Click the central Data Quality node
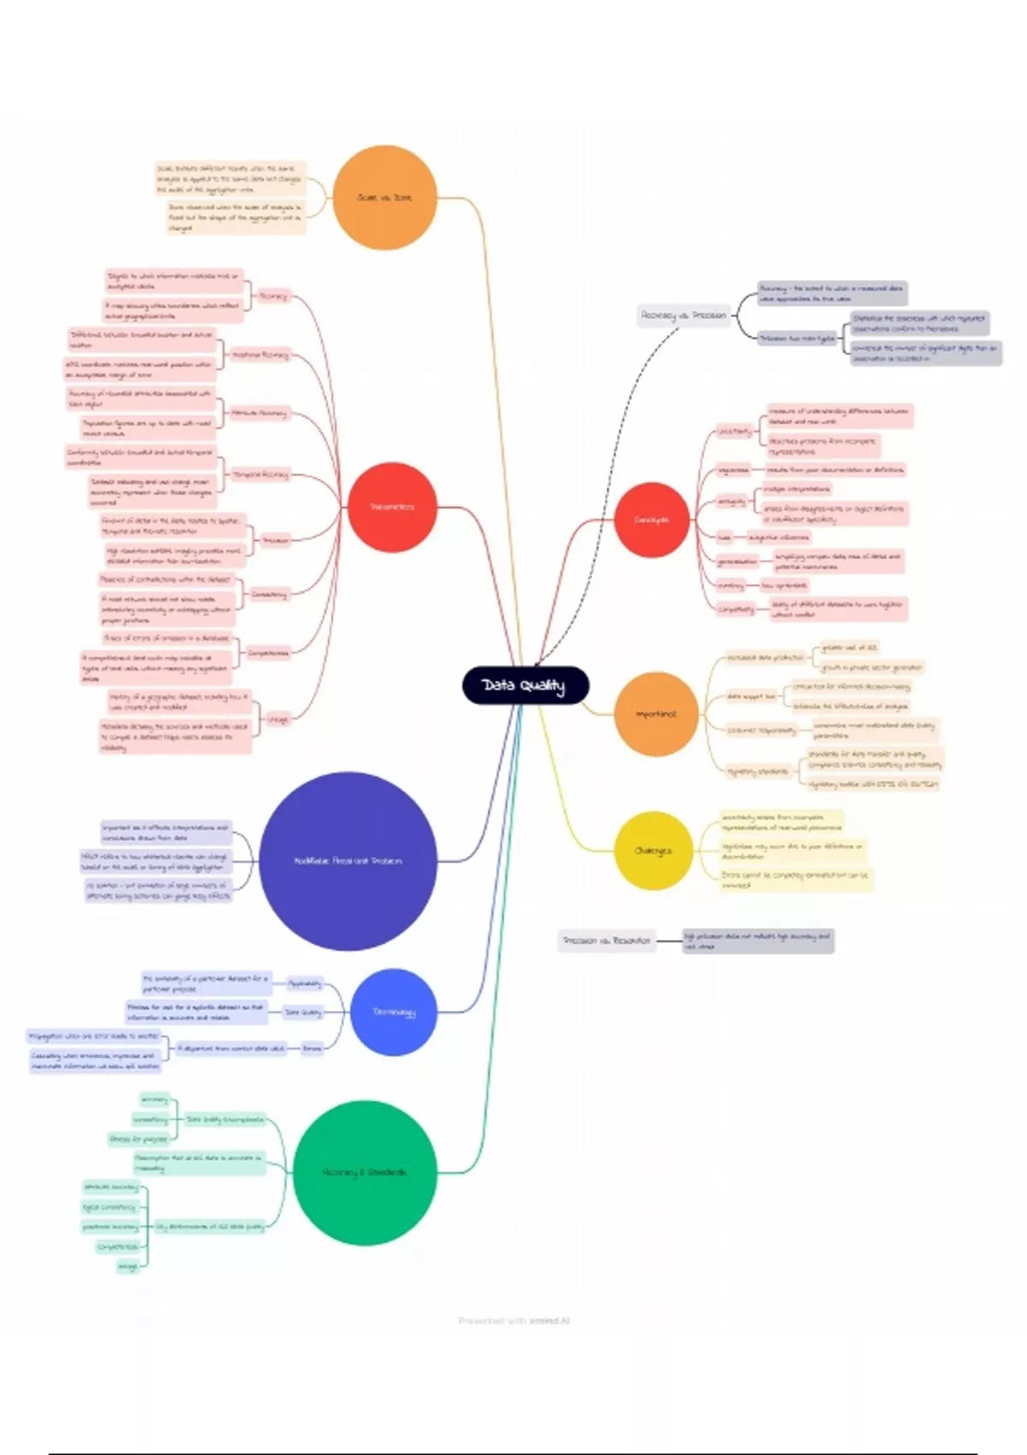click(525, 686)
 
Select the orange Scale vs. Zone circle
click(385, 198)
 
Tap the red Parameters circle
click(392, 508)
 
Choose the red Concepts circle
click(651, 520)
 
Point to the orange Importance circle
click(656, 714)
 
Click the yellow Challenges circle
click(653, 851)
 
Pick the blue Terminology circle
click(394, 1012)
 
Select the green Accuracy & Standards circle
click(365, 1172)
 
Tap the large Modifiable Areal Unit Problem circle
click(347, 861)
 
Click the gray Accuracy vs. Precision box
click(684, 316)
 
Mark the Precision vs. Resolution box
click(607, 941)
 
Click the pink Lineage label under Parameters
click(277, 720)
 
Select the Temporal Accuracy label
click(260, 474)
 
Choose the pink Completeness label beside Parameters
click(268, 653)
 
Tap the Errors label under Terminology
click(312, 1048)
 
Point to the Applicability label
click(305, 984)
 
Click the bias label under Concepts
click(725, 537)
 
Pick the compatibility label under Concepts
click(736, 609)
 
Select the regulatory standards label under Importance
click(757, 771)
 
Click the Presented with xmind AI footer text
click(513, 1321)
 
